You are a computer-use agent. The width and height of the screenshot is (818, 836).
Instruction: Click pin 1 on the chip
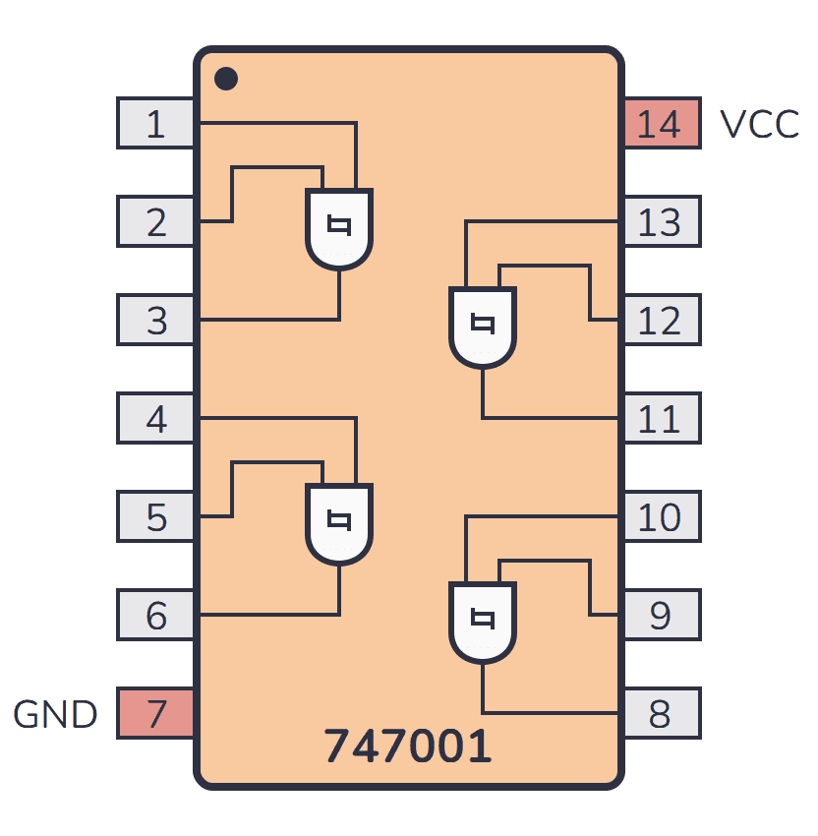(156, 124)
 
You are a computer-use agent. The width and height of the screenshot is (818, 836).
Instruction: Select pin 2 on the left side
(156, 222)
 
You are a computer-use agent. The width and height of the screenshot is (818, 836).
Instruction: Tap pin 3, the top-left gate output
(156, 321)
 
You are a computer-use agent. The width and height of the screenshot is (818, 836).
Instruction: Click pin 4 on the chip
(156, 419)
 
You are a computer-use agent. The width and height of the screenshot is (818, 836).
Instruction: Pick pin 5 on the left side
(156, 517)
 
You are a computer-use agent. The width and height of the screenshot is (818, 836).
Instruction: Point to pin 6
(156, 616)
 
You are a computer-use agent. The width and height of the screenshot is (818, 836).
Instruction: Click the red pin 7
(156, 714)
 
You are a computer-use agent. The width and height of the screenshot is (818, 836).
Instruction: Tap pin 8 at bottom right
(661, 714)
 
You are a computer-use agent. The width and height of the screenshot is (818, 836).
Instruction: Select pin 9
(661, 616)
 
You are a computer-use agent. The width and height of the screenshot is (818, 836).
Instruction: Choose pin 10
(661, 517)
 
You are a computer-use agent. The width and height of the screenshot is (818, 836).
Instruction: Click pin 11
(661, 419)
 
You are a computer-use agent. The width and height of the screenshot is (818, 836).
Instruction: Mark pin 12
(661, 321)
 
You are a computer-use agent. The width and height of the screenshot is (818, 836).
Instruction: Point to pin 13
(661, 222)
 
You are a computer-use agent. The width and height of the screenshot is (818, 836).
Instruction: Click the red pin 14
(661, 124)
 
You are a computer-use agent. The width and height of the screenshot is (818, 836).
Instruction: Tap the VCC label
(759, 125)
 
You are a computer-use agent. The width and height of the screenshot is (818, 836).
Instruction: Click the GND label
(55, 715)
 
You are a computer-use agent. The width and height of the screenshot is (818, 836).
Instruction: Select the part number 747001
(408, 747)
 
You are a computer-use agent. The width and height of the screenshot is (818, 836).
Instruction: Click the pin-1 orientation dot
(226, 78)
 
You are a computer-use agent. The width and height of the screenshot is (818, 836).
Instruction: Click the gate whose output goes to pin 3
(339, 229)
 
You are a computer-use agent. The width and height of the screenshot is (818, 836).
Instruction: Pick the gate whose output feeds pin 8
(482, 622)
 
